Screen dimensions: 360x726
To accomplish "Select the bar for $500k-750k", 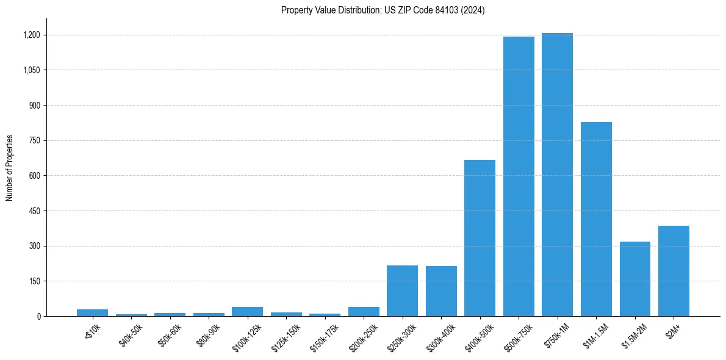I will pyautogui.click(x=519, y=176).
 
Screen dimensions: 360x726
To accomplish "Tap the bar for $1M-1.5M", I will pyautogui.click(x=596, y=219).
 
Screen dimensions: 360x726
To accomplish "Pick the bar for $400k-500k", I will pyautogui.click(x=480, y=238).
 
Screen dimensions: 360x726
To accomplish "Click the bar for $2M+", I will pyautogui.click(x=674, y=271).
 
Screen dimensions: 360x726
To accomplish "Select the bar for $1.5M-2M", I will pyautogui.click(x=634, y=279).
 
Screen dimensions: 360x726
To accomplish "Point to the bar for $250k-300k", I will pyautogui.click(x=402, y=291).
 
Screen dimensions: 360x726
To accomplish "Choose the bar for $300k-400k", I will pyautogui.click(x=441, y=291).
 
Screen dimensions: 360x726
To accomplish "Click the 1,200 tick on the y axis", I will pyautogui.click(x=32, y=35).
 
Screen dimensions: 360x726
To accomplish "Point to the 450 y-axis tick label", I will pyautogui.click(x=35, y=211).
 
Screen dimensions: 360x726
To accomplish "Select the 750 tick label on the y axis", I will pyautogui.click(x=35, y=140).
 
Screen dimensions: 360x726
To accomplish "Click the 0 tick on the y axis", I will pyautogui.click(x=38, y=317).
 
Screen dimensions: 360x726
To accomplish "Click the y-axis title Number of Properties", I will pyautogui.click(x=9, y=168).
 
